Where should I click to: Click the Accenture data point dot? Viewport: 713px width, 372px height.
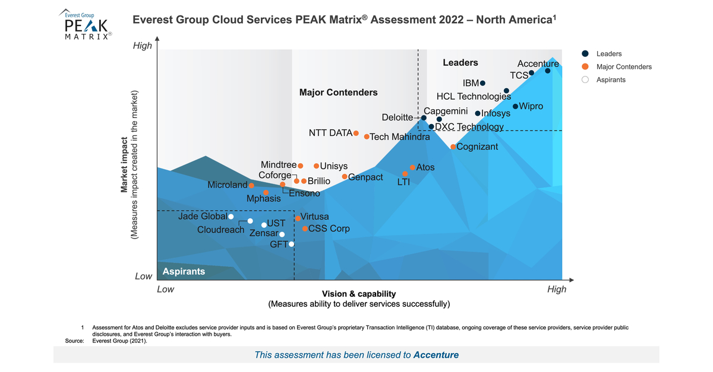547,71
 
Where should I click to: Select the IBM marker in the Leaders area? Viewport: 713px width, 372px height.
482,83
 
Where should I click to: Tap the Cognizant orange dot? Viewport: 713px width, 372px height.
453,147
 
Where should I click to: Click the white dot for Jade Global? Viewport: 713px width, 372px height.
231,217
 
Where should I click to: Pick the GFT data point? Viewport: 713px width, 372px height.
291,244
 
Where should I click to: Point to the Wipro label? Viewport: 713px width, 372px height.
531,106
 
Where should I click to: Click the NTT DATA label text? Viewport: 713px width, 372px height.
330,133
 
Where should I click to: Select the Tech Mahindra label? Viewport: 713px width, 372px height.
400,137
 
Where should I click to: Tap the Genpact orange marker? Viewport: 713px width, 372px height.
345,176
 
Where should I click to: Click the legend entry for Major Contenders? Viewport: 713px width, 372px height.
624,66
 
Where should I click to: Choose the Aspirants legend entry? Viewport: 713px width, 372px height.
611,80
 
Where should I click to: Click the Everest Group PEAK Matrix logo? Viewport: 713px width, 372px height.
86,25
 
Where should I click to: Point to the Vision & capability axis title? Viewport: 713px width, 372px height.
359,294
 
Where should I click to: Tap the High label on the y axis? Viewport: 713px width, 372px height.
142,46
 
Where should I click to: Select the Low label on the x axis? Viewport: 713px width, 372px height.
165,290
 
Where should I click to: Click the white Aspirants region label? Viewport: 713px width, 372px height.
184,271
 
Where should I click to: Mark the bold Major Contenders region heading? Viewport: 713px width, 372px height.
338,93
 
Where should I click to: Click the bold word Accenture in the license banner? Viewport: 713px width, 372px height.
436,355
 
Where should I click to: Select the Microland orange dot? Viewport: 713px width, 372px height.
251,186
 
